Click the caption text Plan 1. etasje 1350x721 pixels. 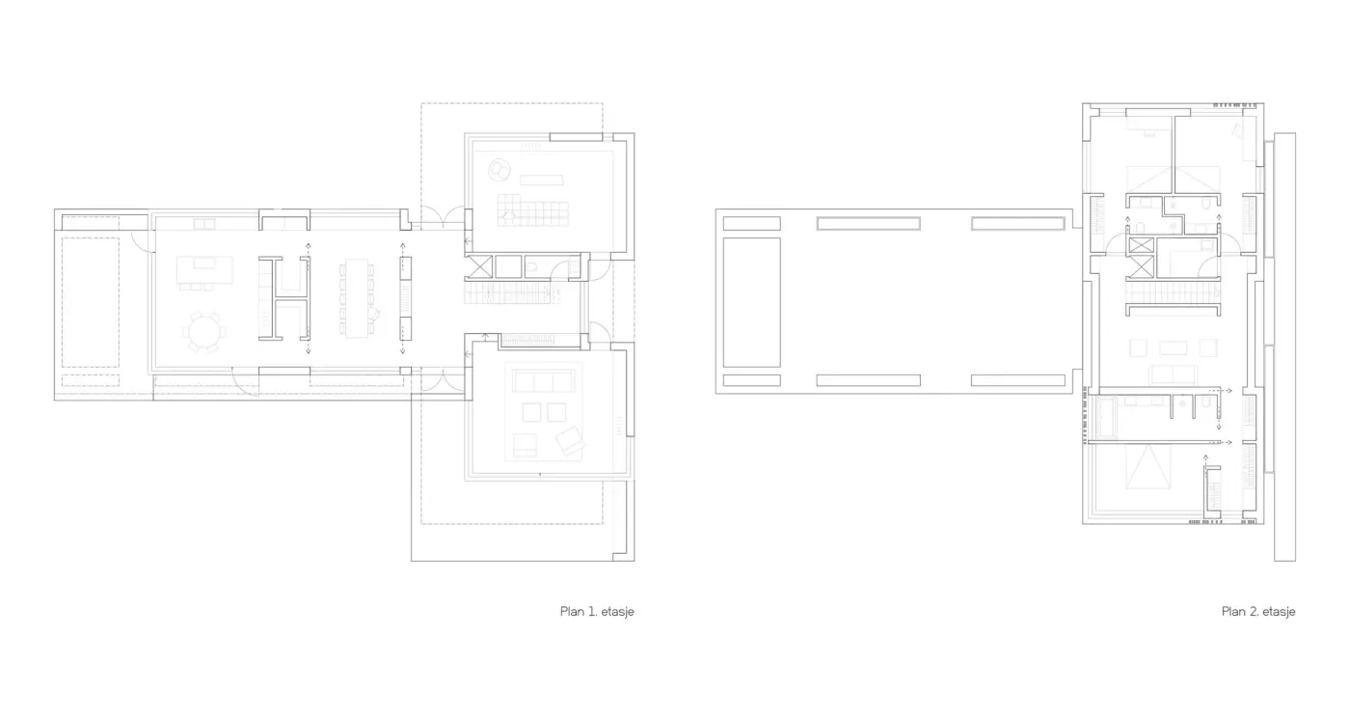[597, 611]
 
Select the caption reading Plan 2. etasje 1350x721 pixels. [1258, 611]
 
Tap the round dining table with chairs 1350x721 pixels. [204, 332]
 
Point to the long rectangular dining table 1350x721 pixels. [357, 298]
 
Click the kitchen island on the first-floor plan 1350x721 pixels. [204, 269]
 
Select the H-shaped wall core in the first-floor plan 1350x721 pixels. [284, 298]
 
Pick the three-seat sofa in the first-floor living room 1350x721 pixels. [543, 382]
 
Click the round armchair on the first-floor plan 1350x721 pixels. [499, 170]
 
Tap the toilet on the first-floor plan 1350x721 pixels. [532, 266]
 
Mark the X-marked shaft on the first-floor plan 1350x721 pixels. [480, 266]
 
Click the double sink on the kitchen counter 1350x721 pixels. [204, 225]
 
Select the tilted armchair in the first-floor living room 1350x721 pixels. [570, 440]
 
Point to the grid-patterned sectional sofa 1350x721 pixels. [532, 210]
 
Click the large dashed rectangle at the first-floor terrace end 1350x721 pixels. [91, 302]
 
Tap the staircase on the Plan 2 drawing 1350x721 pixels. [1173, 292]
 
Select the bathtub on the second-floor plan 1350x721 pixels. [1107, 417]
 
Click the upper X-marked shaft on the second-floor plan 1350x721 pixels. [1141, 245]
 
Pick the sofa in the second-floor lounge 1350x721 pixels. [1174, 374]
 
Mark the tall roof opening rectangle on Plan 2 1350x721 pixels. [751, 302]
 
